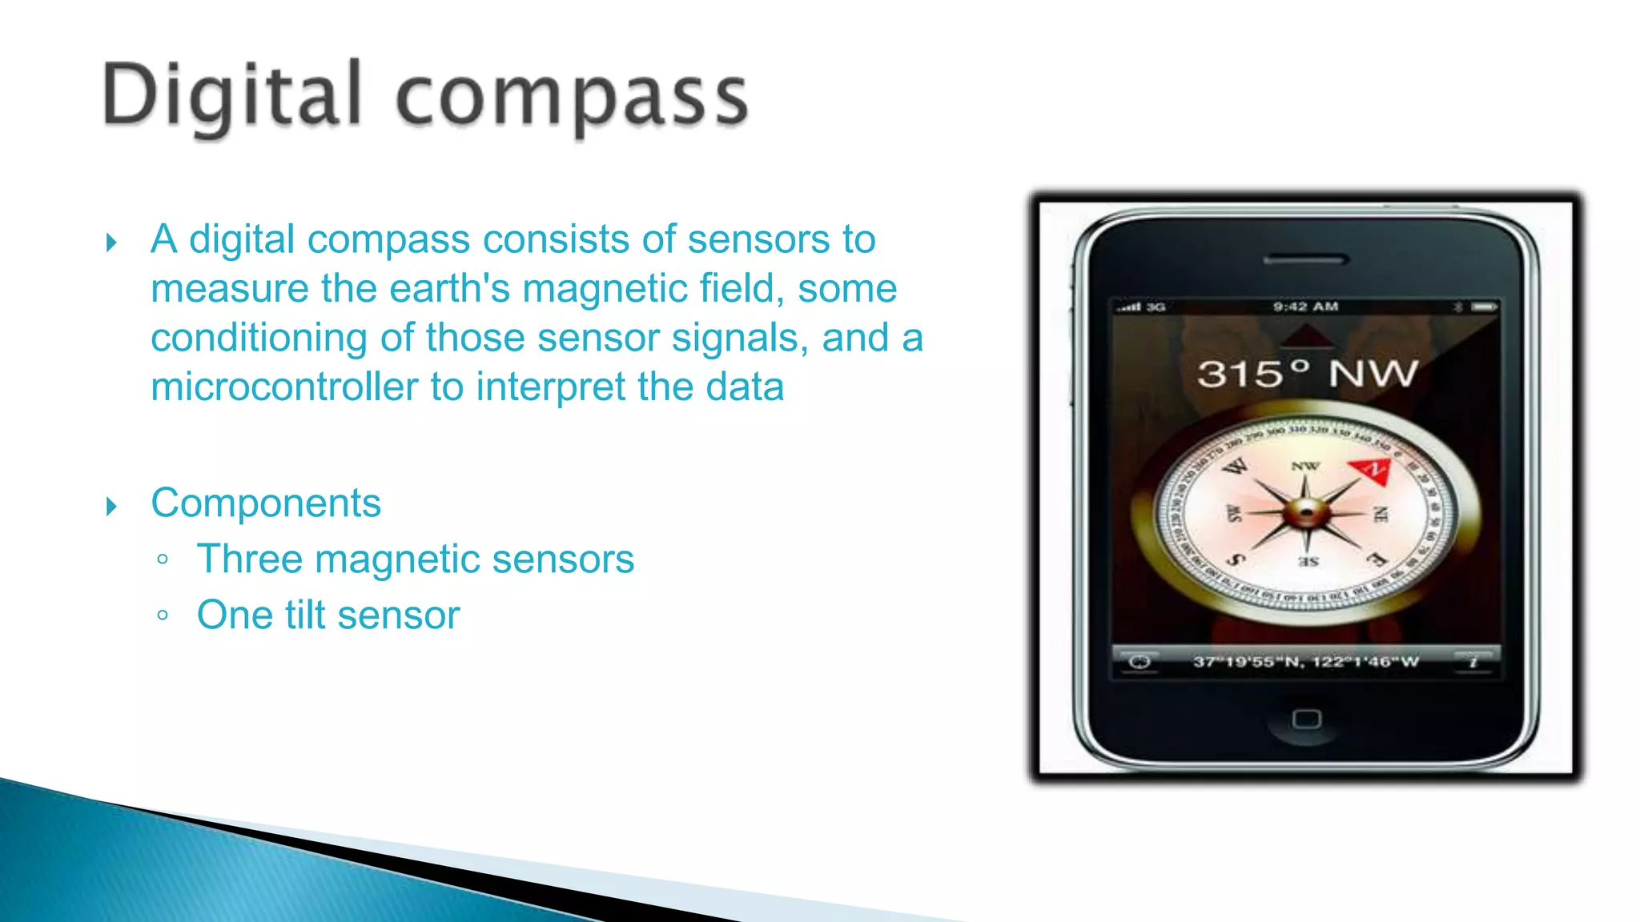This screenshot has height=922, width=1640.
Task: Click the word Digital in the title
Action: pos(232,98)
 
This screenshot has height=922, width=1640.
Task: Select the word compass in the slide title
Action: pos(572,99)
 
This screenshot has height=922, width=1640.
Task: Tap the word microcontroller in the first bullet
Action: pos(284,387)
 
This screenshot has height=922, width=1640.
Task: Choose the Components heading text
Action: pos(266,503)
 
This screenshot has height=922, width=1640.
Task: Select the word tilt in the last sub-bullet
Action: pos(305,615)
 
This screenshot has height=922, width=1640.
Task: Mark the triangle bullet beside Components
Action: pos(111,506)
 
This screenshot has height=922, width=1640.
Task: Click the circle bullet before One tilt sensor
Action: pos(163,615)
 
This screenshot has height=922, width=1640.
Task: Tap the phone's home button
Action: pos(1306,719)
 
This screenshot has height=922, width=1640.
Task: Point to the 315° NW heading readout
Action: pos(1307,374)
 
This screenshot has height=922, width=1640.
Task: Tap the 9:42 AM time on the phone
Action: pos(1305,307)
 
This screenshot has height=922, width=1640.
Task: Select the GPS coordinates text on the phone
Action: pos(1305,662)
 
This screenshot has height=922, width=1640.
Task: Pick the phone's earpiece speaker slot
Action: pos(1306,260)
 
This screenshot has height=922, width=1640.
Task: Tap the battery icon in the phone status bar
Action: pos(1483,307)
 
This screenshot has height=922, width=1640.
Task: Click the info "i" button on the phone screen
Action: pos(1473,662)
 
